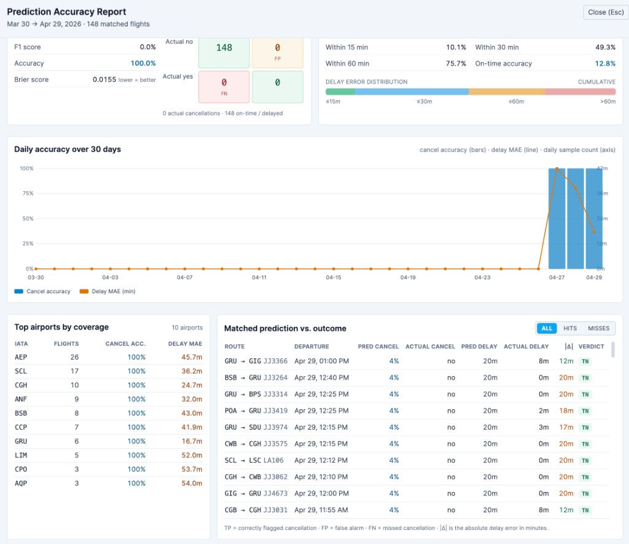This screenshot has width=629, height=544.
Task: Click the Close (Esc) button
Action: pyautogui.click(x=605, y=12)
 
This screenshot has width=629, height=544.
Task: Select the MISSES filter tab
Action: pyautogui.click(x=598, y=328)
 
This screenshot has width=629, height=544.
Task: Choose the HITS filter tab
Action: pyautogui.click(x=570, y=328)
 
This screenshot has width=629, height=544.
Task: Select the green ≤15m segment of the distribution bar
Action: pyautogui.click(x=340, y=92)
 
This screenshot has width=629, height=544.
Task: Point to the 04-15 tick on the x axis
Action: pyautogui.click(x=334, y=278)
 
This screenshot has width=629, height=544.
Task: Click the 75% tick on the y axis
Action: pyautogui.click(x=27, y=193)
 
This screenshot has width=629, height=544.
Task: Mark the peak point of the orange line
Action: pyautogui.click(x=557, y=168)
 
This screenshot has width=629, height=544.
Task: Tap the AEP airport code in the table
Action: pyautogui.click(x=21, y=357)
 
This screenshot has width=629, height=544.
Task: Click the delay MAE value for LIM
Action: pyautogui.click(x=192, y=455)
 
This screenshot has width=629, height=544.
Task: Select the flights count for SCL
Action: pyautogui.click(x=74, y=371)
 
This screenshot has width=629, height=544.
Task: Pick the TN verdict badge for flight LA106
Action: pyautogui.click(x=585, y=460)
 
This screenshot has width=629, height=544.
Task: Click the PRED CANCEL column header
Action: pyautogui.click(x=378, y=347)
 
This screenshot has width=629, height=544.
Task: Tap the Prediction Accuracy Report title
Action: pyautogui.click(x=66, y=12)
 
